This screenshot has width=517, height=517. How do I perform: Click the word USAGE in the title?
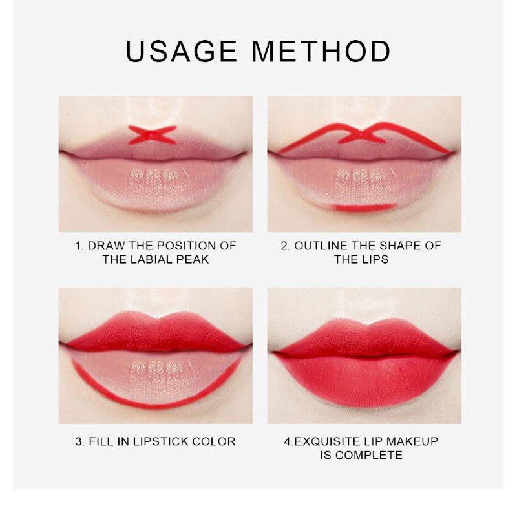pos(182,52)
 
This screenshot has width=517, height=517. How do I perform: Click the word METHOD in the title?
pos(321,52)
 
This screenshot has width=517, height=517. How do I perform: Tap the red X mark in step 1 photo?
pos(153,135)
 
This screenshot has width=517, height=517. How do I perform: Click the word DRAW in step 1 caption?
pos(107,246)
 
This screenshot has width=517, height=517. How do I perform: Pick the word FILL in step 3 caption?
pos(101,441)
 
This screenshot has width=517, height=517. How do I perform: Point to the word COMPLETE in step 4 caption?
pos(369,455)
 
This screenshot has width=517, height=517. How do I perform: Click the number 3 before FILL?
pos(78,441)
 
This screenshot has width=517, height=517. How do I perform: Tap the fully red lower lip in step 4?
pos(365,379)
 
